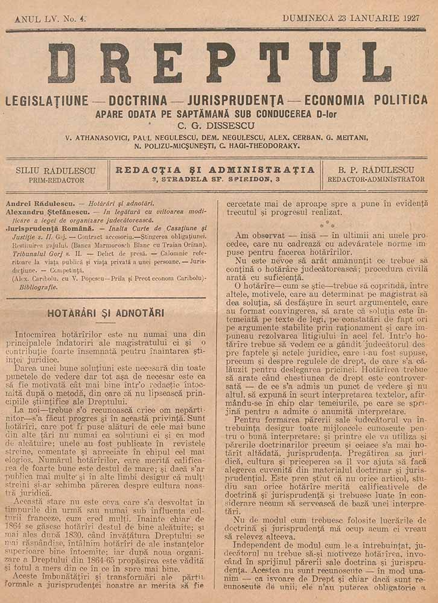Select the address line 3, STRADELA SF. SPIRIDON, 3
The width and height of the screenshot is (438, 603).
coord(215,180)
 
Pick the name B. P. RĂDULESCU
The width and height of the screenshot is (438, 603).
coord(376,169)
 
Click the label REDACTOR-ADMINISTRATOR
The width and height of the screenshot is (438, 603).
coord(376,180)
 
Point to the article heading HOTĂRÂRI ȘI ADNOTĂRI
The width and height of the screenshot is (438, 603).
coord(106,313)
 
